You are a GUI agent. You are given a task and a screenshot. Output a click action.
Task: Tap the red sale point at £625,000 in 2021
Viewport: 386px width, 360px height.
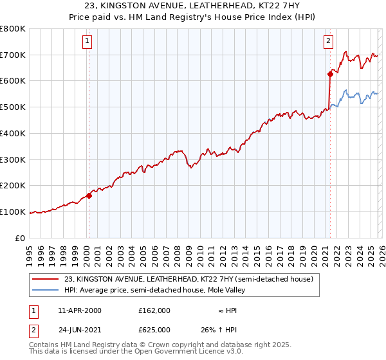click(x=329, y=74)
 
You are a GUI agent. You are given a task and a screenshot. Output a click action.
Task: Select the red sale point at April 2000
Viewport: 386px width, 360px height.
click(x=89, y=195)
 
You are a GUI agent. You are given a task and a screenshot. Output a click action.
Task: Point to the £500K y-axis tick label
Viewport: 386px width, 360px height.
click(x=12, y=107)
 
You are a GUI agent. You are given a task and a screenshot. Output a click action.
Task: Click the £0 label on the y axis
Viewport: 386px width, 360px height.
click(x=20, y=238)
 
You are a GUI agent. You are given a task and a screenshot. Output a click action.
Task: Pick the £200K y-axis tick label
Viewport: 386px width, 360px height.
click(x=12, y=186)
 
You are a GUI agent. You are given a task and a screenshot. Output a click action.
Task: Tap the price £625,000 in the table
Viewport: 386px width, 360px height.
click(x=156, y=328)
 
